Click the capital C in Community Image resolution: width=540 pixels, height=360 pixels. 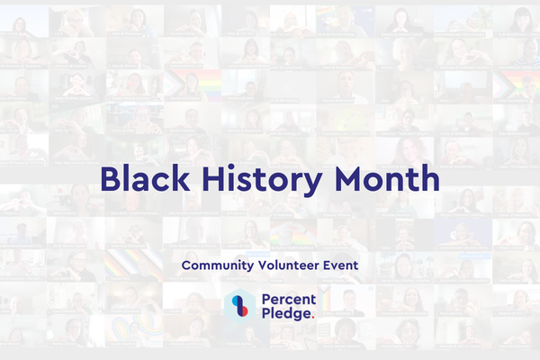coord(185,265)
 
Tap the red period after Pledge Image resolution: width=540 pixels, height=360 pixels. coord(310,319)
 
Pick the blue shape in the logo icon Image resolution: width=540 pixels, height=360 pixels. coord(236,301)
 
